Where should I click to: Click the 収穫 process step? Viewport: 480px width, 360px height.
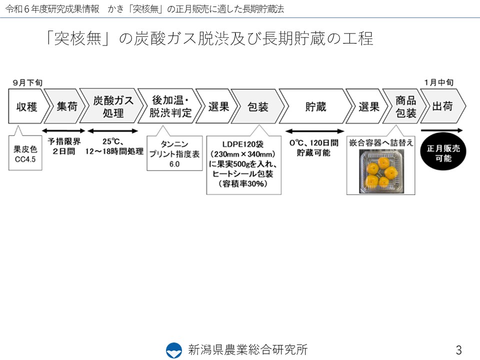27,106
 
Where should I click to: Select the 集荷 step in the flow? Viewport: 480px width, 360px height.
65,106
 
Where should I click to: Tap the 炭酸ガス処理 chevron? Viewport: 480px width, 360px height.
112,106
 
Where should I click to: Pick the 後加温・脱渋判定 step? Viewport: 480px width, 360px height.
170,106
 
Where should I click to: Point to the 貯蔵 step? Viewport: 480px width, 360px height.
315,106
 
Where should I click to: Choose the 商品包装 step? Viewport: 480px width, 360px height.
404,106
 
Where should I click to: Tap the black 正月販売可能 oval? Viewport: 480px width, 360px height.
443,153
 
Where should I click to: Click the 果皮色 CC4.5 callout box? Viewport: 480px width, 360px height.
25,152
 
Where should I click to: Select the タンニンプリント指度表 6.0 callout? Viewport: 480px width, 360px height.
174,153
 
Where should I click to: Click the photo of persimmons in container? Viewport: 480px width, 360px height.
381,171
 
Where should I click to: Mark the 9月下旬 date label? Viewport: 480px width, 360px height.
27,82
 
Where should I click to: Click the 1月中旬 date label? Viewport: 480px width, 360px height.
438,82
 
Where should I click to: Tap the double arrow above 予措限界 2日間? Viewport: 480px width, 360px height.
63,131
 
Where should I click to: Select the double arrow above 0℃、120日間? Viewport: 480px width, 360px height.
314,131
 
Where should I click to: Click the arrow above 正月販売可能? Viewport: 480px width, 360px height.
441,130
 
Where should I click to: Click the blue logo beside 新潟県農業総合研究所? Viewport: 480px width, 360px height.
174,350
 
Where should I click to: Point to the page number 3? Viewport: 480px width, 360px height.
458,349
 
